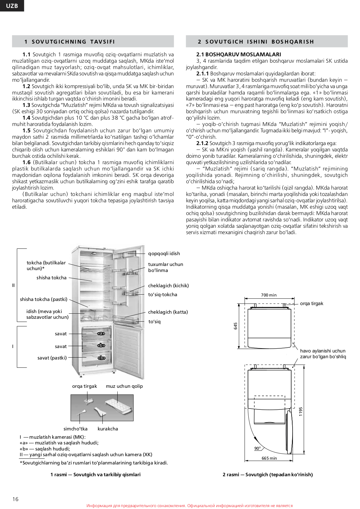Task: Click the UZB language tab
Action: click(x=12, y=6)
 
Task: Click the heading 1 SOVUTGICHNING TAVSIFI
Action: click(x=70, y=42)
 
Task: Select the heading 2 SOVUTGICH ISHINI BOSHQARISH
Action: click(x=256, y=42)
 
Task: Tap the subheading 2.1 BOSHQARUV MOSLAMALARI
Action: click(x=239, y=54)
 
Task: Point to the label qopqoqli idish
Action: click(x=164, y=253)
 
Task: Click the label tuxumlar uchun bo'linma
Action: click(x=166, y=267)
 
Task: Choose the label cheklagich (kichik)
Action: click(x=168, y=286)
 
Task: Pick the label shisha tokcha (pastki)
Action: click(x=44, y=299)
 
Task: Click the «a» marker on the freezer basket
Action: click(x=101, y=333)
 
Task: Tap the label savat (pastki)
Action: click(x=52, y=358)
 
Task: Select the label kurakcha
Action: click(x=108, y=429)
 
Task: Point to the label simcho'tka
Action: click(x=75, y=429)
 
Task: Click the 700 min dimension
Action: click(x=269, y=295)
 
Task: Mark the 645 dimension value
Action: click(x=236, y=326)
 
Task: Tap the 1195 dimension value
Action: click(x=301, y=412)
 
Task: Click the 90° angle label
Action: click(x=257, y=448)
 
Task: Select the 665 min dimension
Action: click(x=269, y=458)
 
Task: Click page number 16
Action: click(x=16, y=499)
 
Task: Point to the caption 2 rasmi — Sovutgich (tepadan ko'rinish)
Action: click(x=267, y=474)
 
